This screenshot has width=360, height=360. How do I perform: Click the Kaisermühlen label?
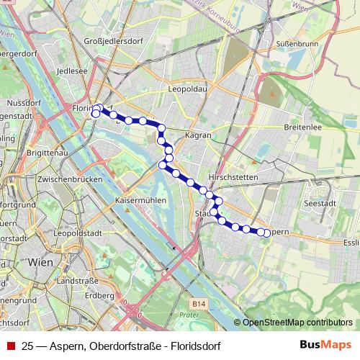140,200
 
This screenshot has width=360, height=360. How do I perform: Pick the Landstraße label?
76,281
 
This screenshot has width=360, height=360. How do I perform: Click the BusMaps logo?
325,345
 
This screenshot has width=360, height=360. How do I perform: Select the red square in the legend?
11,346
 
